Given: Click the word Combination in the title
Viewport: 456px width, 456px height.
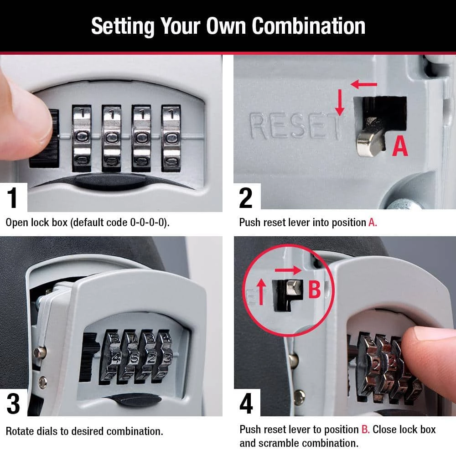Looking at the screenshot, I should [309, 26].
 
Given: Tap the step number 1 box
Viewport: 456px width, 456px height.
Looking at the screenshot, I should [13, 198].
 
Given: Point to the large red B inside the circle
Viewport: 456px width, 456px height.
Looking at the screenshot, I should [314, 289].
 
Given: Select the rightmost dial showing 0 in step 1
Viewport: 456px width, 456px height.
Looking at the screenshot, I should [171, 137].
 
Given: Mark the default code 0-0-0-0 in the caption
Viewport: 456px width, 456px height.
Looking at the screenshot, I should [148, 223].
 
